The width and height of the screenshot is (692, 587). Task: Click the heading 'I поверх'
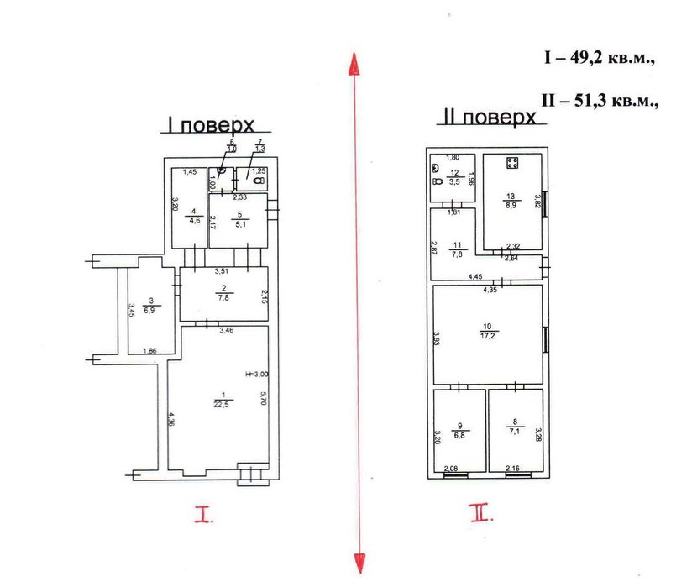[x=208, y=125]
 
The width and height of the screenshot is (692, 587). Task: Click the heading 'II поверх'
[x=488, y=118]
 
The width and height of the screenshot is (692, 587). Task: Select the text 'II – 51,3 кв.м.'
[x=599, y=99]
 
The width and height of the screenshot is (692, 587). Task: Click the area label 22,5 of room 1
[x=223, y=403]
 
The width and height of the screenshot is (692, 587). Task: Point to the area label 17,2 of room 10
[x=486, y=334]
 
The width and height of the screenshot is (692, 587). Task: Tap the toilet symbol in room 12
[x=437, y=180]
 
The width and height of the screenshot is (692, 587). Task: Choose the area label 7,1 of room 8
[x=516, y=437]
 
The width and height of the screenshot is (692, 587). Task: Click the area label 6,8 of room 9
[x=459, y=437]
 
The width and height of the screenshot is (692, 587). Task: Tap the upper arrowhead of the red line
[x=355, y=63]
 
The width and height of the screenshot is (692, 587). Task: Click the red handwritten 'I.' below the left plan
[x=204, y=515]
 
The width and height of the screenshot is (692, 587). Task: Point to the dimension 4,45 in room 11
[x=474, y=276]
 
